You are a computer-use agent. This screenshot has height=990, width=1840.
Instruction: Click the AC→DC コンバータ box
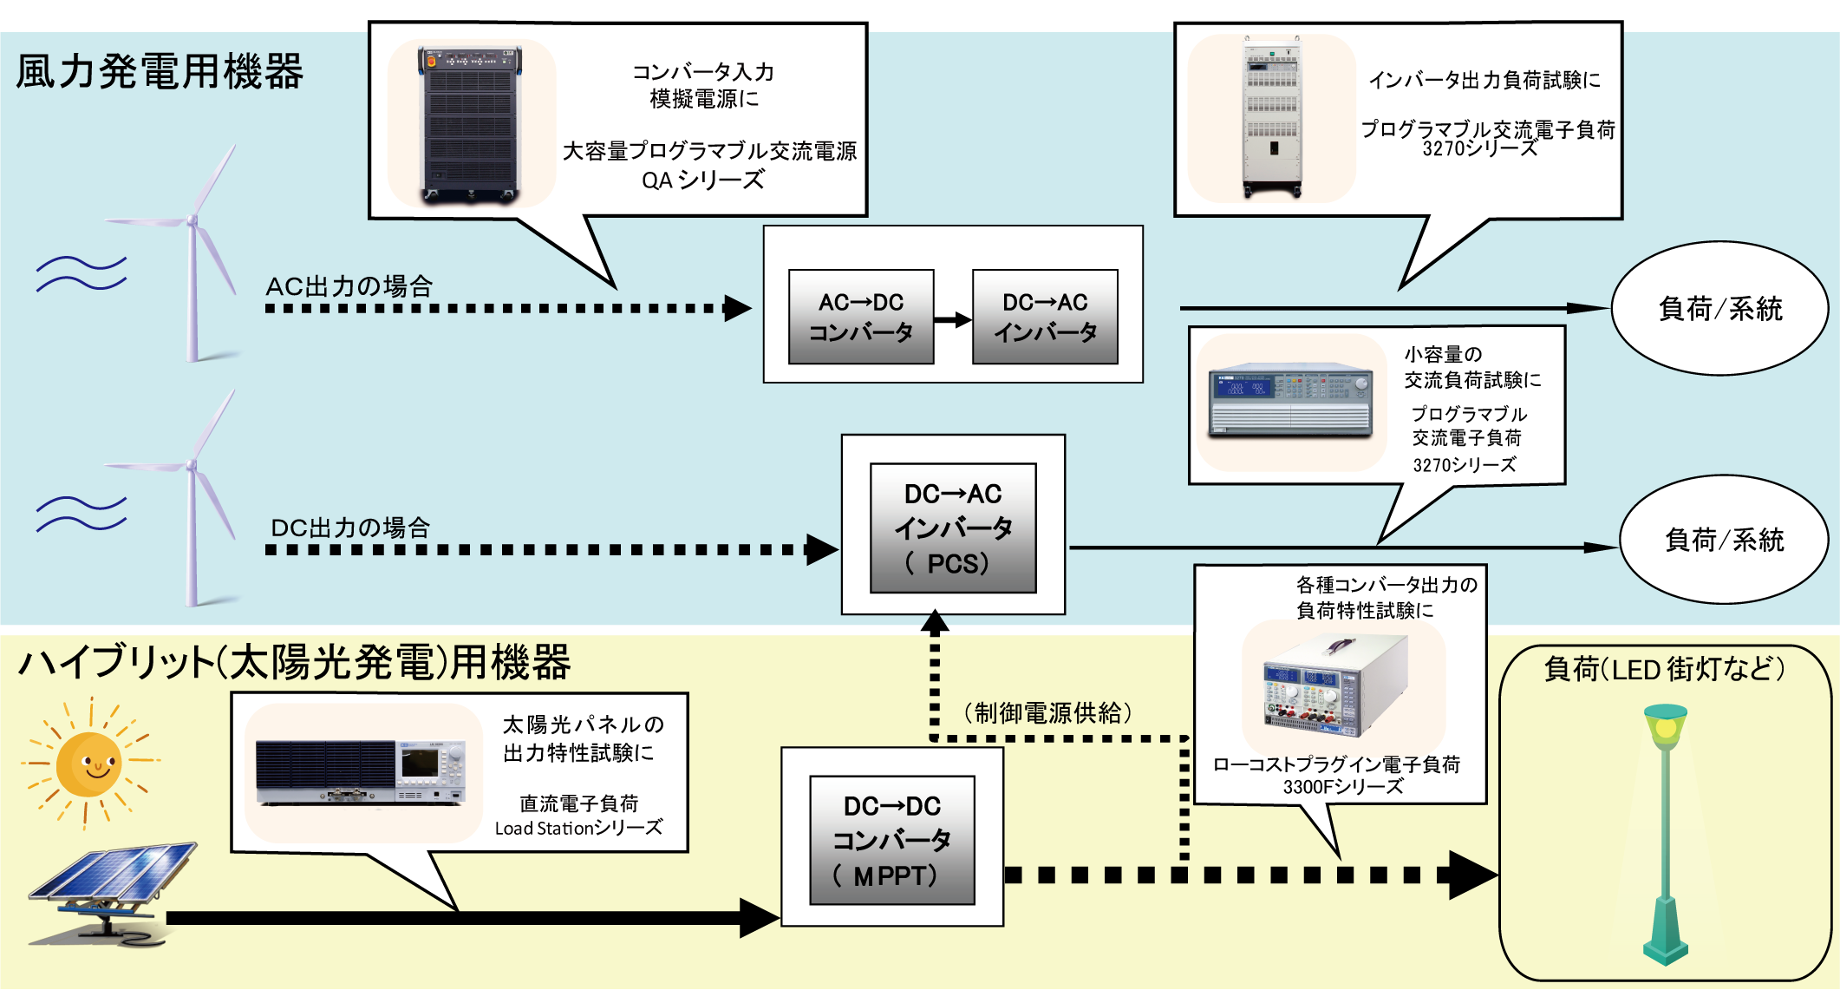[x=860, y=317]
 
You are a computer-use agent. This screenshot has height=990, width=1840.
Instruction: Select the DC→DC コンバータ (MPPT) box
[x=891, y=840]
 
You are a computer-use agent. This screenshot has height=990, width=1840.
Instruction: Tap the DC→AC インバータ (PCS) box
[x=953, y=528]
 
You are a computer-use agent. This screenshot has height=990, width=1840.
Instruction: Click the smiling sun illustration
[x=89, y=764]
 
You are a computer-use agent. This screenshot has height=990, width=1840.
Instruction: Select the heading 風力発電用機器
[x=160, y=71]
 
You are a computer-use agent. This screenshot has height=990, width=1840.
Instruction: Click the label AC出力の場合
[x=349, y=286]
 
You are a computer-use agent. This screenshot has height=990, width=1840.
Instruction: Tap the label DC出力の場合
[x=350, y=528]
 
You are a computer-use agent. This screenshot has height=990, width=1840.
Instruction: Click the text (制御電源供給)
[x=1047, y=712]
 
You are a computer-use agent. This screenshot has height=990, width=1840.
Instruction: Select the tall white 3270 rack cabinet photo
[x=1271, y=117]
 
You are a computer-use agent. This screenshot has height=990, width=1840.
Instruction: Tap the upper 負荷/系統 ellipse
[x=1719, y=309]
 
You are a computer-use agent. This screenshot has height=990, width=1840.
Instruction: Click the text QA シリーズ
[x=703, y=180]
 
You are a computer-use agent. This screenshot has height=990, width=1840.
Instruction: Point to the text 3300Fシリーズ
[x=1342, y=787]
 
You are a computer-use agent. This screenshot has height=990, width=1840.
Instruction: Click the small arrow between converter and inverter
[x=953, y=319]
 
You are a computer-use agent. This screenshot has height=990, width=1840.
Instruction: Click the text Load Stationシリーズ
[x=578, y=829]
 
